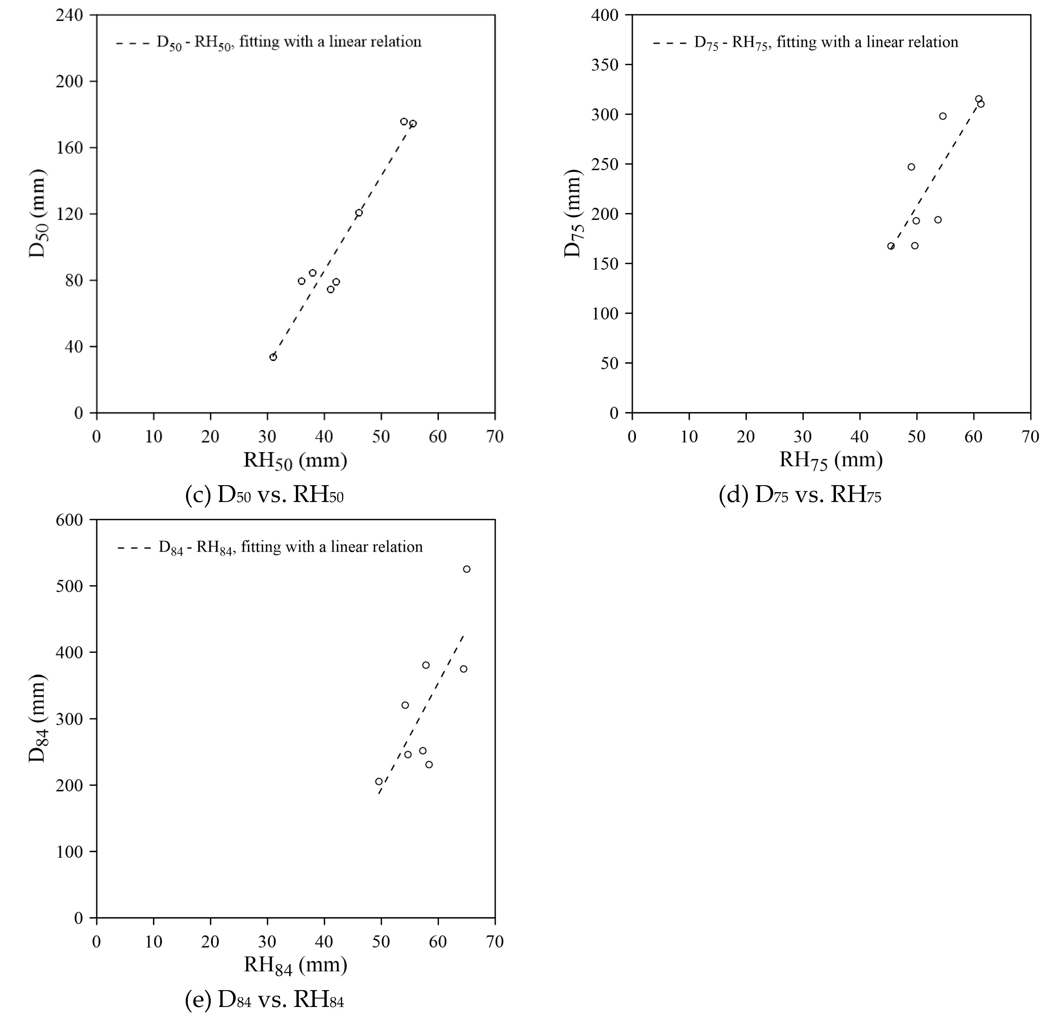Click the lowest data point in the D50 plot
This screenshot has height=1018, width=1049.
pyautogui.click(x=273, y=357)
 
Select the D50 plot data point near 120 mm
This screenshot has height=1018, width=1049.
pyautogui.click(x=359, y=213)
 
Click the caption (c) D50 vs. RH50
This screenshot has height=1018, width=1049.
pyautogui.click(x=265, y=496)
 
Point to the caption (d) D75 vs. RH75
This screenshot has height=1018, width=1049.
pyautogui.click(x=800, y=496)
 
